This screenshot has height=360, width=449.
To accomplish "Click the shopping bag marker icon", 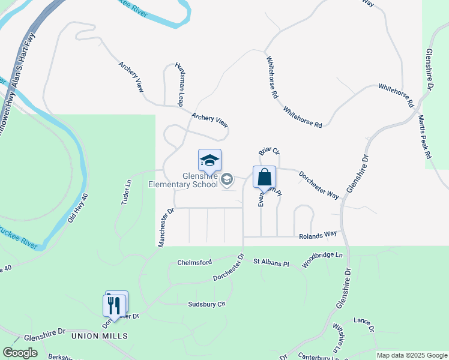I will pos(264,178).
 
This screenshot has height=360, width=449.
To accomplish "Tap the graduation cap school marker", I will pos(209,161).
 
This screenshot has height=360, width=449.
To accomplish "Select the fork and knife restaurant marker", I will pos(114,304).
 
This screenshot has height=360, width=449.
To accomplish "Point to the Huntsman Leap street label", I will pos(179,83).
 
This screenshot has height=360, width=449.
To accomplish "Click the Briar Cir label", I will pos(270,154).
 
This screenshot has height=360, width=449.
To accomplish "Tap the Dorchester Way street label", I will pos(319,183).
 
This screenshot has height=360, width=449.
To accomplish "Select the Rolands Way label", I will pos(319,236).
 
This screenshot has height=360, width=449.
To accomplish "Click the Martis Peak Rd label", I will pos(425,137).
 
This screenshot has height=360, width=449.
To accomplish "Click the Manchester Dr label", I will pos(166,227).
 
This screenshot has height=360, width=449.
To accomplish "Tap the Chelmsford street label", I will pos(195,263).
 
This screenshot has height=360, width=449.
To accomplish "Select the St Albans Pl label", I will pos(271,263).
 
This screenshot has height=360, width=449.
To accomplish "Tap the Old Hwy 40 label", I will pos(79,208).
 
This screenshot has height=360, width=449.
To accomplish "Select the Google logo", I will pos(20,353).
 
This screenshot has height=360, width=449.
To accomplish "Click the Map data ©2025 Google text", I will pos(411,355).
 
